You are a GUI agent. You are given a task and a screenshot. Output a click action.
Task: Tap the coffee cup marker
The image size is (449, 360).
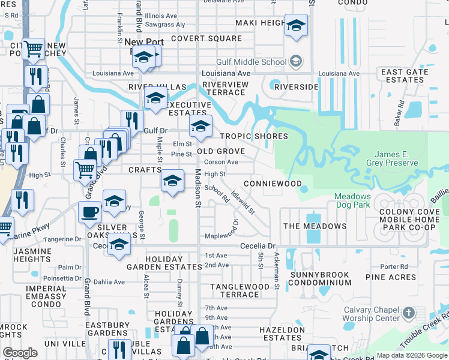coord(90,212)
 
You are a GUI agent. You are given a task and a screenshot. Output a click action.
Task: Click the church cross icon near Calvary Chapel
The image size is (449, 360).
coord(409,313)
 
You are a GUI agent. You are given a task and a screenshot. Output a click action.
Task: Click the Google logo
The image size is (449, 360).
coord(20,353)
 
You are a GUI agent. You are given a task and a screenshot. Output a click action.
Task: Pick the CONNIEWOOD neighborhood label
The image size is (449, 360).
coord(273,183)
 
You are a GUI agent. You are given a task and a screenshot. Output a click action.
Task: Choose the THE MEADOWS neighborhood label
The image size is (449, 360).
coord(315,226)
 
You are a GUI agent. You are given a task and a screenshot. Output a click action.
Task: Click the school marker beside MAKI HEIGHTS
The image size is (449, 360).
coord(295,25)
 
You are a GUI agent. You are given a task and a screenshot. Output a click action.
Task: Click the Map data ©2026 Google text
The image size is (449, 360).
coord(411,355)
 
